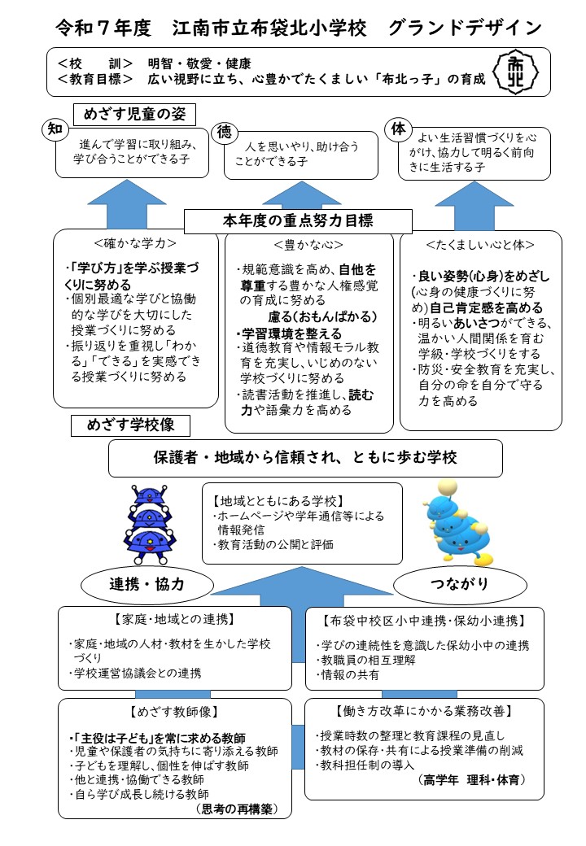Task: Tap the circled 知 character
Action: [x=55, y=129]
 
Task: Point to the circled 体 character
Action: [x=397, y=129]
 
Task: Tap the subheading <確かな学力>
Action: [x=135, y=242]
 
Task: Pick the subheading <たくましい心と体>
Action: [x=480, y=243]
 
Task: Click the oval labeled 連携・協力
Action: [x=147, y=583]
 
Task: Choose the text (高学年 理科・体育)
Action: [x=472, y=780]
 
